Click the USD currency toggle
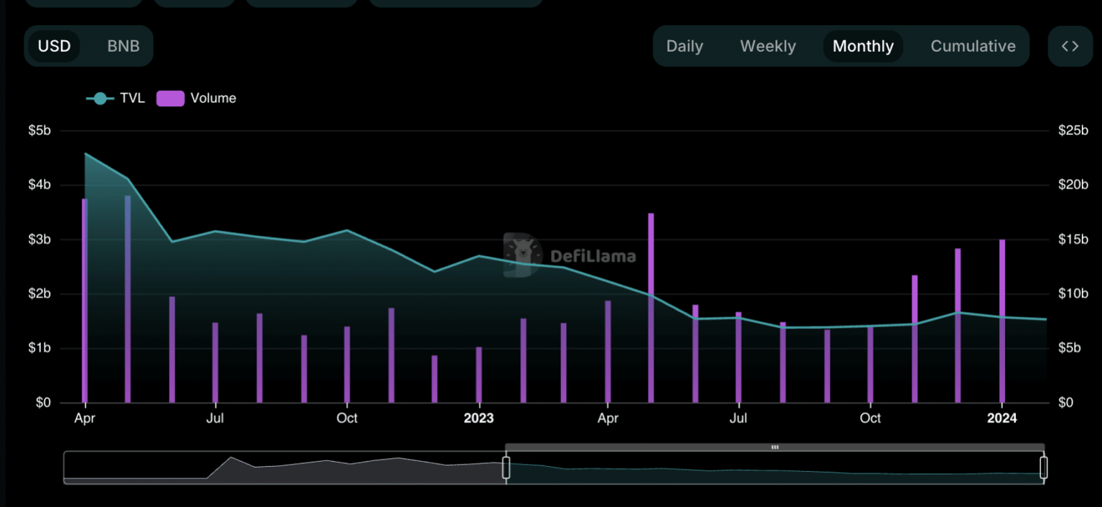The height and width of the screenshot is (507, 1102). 55,47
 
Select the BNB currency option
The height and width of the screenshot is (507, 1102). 123,47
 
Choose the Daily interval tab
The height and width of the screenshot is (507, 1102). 684,47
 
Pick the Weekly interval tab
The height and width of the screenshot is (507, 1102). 768,47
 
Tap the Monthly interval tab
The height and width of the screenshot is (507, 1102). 863,47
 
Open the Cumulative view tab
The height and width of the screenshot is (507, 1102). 973,47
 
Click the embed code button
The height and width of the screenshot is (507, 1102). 1070,47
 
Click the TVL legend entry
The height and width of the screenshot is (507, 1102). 116,98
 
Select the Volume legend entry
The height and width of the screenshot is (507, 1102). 197,98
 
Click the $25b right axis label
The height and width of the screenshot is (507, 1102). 1073,131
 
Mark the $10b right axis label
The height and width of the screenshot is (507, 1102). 1073,294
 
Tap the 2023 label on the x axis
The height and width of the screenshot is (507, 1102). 479,418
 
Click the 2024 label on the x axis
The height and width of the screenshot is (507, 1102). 1002,418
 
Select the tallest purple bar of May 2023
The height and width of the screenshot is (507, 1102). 651,308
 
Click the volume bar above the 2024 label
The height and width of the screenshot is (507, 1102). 1002,323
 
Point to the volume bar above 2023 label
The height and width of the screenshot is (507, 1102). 479,375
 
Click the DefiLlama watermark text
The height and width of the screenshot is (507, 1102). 593,256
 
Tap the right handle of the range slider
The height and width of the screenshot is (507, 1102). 1043,468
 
